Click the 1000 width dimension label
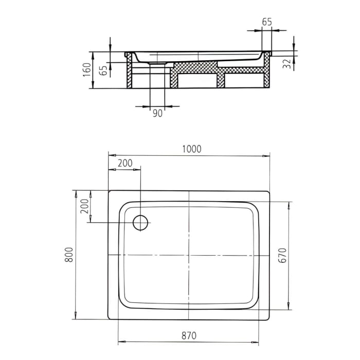pos(191,149)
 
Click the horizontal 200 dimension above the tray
pos(124,163)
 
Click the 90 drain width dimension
pos(157,113)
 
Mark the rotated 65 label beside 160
pos(103,70)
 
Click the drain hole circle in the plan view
pos(140,223)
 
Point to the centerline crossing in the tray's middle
pos(189,255)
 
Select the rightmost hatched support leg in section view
pos(266,75)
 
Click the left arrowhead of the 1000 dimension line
pos(111,156)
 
